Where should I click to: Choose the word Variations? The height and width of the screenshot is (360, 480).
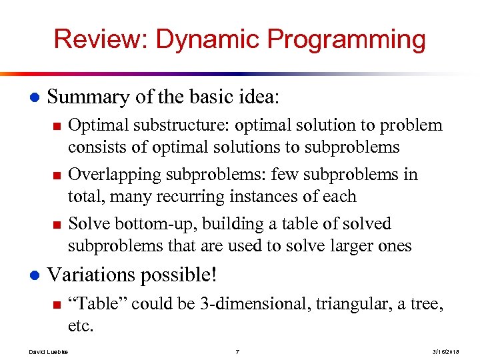tap(92, 275)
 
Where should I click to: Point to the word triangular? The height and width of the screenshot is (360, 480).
tap(353, 304)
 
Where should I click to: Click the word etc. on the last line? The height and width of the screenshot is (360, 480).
tap(81, 326)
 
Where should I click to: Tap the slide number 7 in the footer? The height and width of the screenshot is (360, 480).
tap(237, 351)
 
